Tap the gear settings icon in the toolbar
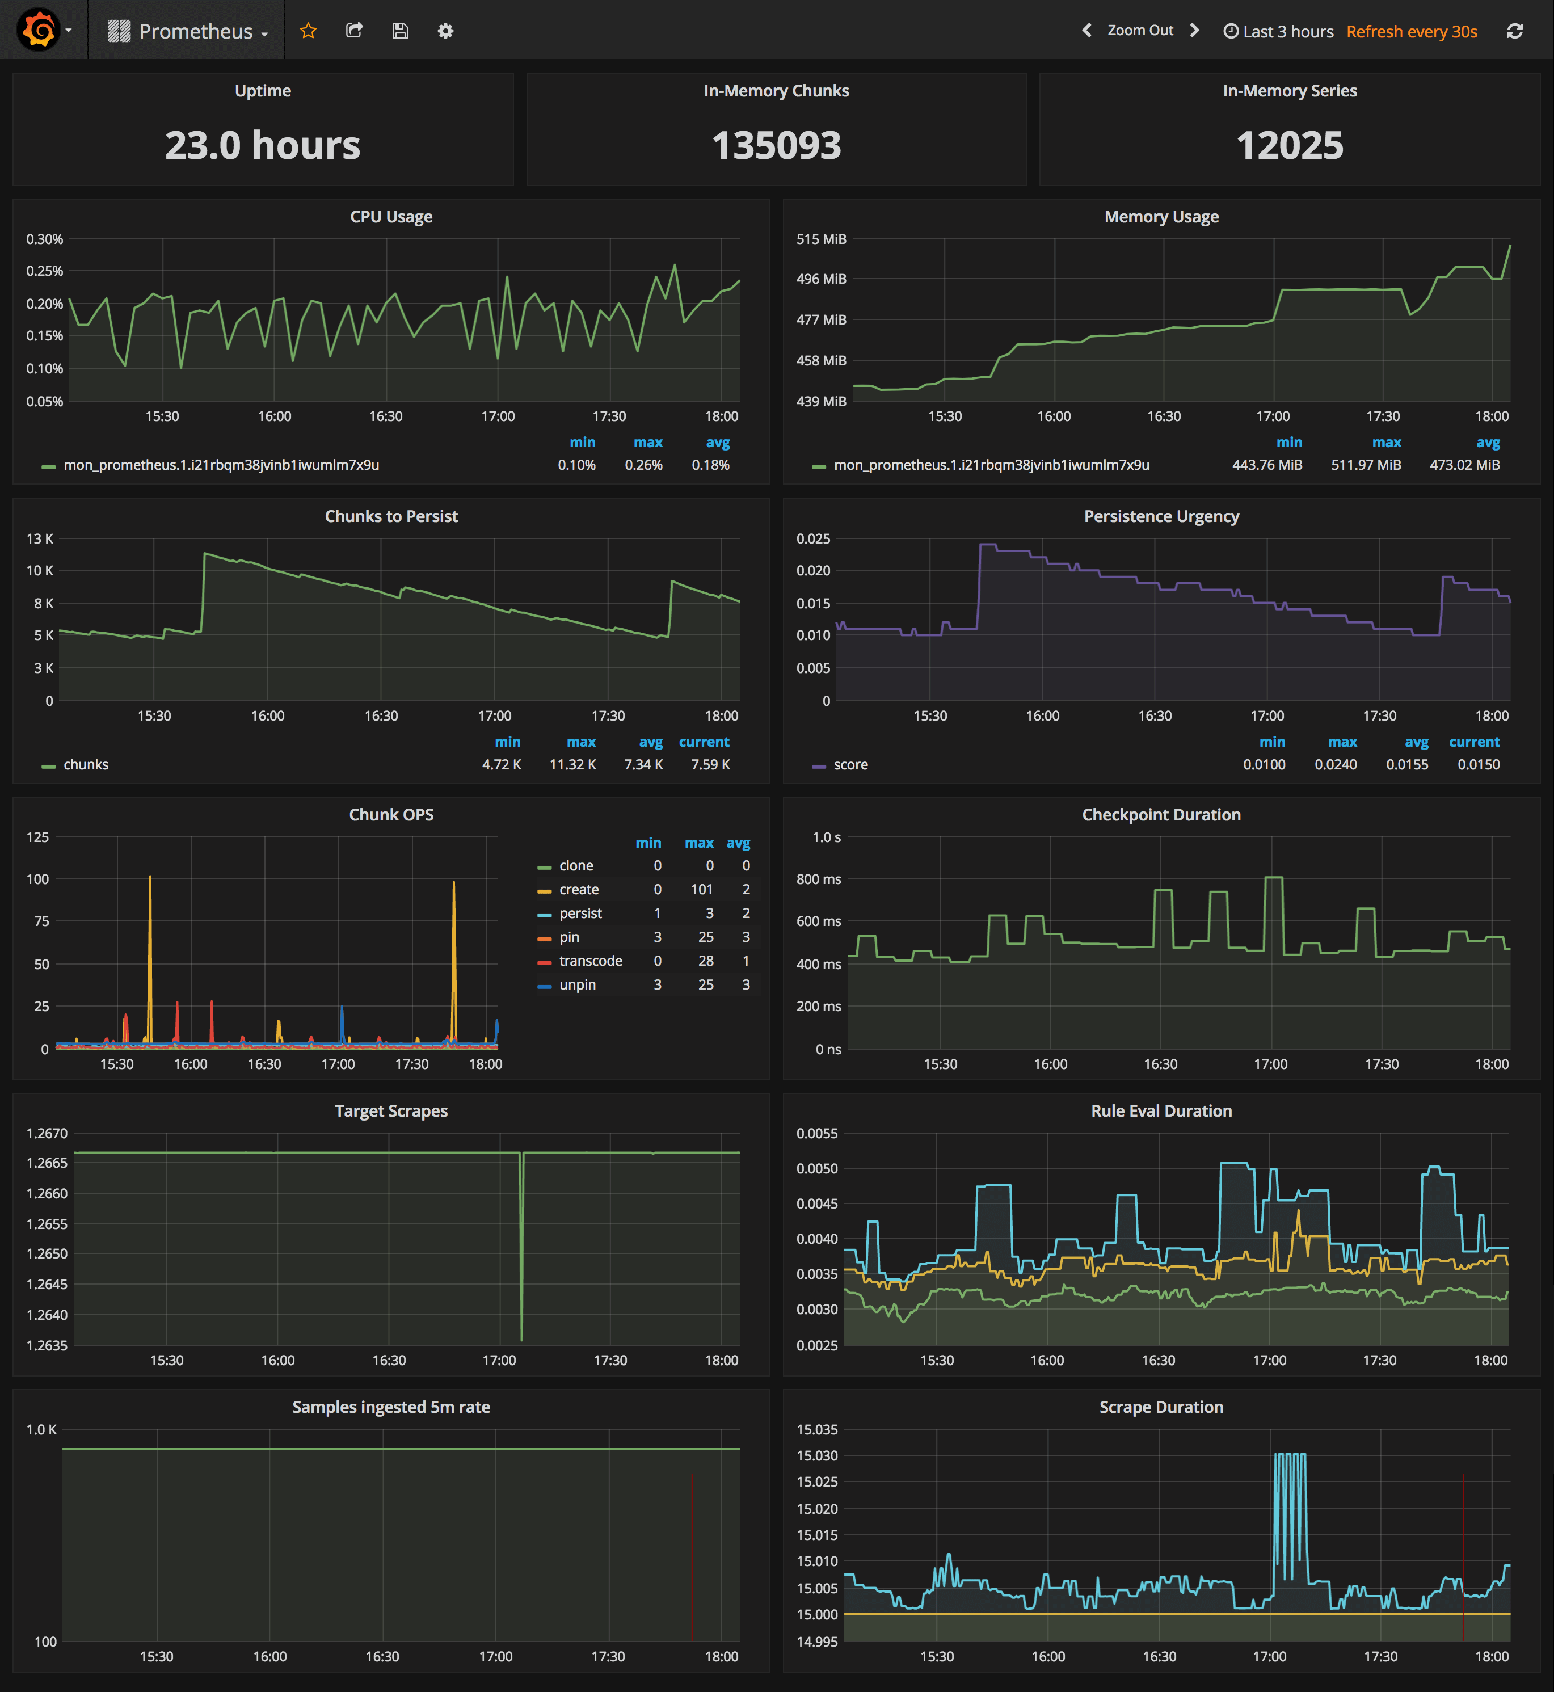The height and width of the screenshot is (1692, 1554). [446, 31]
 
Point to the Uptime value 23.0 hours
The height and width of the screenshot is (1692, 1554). [262, 145]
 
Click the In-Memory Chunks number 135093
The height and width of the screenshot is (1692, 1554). [776, 145]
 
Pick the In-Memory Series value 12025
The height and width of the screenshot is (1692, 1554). [1289, 145]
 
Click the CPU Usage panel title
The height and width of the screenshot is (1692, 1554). [391, 217]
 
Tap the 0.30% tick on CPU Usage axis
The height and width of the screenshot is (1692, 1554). [45, 239]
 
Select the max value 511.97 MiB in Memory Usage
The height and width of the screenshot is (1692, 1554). [1366, 465]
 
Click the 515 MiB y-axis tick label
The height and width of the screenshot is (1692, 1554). [821, 239]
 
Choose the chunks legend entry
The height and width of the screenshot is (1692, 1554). [86, 764]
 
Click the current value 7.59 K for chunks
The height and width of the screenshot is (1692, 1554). [710, 764]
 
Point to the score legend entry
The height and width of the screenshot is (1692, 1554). [850, 764]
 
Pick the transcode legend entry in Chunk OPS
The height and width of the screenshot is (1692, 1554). [590, 961]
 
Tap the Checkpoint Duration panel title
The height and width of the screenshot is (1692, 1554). [1160, 815]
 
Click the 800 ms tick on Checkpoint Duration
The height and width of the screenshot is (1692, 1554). [818, 879]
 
